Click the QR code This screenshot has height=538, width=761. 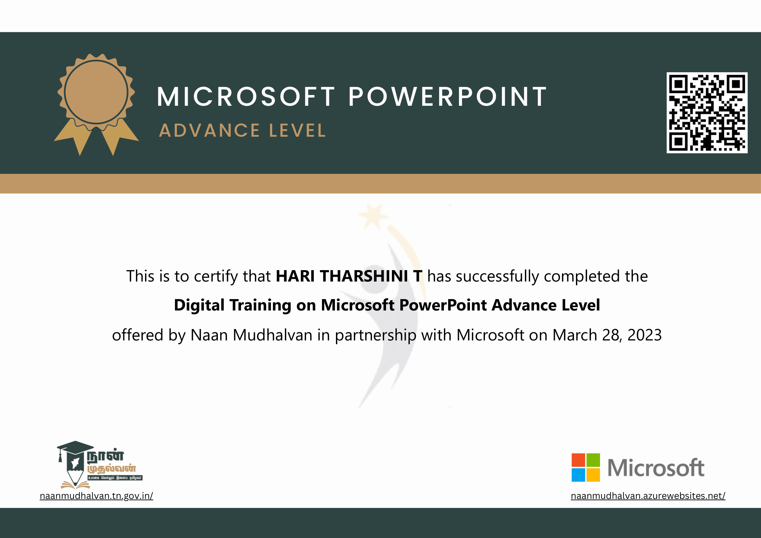(x=707, y=113)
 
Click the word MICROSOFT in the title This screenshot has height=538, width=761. (x=246, y=97)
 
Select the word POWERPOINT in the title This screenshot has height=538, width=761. (x=447, y=97)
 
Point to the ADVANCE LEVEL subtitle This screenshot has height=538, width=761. (x=243, y=131)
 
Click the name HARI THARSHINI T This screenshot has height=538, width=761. (x=349, y=276)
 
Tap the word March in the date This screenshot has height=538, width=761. (x=575, y=335)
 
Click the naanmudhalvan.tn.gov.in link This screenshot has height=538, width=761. (x=97, y=496)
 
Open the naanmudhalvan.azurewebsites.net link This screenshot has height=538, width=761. (x=648, y=496)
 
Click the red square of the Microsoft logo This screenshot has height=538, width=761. (x=578, y=460)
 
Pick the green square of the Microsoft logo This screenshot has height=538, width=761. (x=593, y=460)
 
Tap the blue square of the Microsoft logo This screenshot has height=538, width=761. (x=578, y=475)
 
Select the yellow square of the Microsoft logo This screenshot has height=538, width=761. (x=593, y=475)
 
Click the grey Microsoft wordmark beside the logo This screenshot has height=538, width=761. (x=656, y=468)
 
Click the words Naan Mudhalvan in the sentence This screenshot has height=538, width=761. (x=252, y=335)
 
